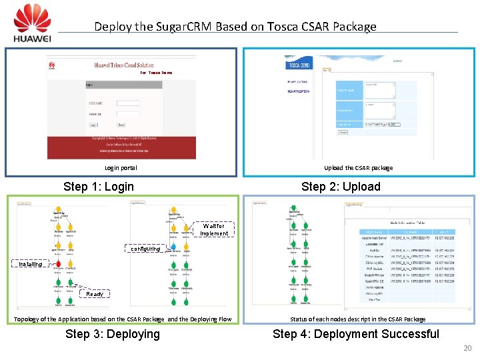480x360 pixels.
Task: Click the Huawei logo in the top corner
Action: pyautogui.click(x=32, y=23)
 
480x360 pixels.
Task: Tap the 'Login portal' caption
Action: pyautogui.click(x=121, y=168)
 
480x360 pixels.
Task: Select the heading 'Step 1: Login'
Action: pyautogui.click(x=98, y=187)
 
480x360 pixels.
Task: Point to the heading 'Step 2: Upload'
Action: pyautogui.click(x=341, y=187)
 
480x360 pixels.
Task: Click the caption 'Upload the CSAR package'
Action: pyautogui.click(x=358, y=168)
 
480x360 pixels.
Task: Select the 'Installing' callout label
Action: pyautogui.click(x=30, y=264)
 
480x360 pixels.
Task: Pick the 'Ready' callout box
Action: pyautogui.click(x=95, y=293)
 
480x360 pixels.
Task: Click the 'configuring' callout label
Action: pyautogui.click(x=145, y=249)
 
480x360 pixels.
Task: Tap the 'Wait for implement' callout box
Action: pyautogui.click(x=214, y=230)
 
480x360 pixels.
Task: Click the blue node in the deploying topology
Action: pyautogui.click(x=173, y=247)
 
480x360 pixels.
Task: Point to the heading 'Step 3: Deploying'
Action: pyautogui.click(x=113, y=334)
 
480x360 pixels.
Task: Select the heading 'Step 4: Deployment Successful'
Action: pyautogui.click(x=356, y=334)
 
